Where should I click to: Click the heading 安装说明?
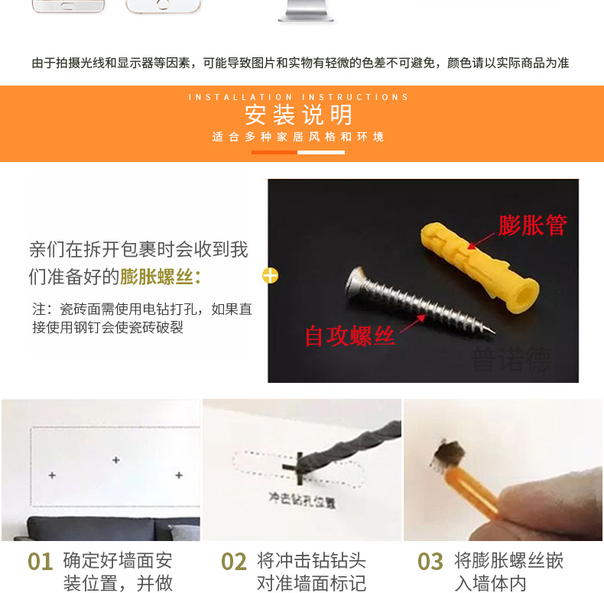298,115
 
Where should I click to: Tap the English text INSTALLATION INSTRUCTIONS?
298,97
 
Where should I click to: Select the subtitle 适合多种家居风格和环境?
298,138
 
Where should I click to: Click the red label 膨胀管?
533,225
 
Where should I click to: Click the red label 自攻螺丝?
349,336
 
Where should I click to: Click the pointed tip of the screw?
493,331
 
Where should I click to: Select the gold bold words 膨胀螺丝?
157,277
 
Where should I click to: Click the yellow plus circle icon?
270,276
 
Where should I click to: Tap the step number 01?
40,562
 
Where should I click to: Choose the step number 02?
234,562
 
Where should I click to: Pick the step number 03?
430,562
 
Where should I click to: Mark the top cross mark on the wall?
115,460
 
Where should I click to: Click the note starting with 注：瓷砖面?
141,318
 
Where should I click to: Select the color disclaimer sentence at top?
300,63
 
